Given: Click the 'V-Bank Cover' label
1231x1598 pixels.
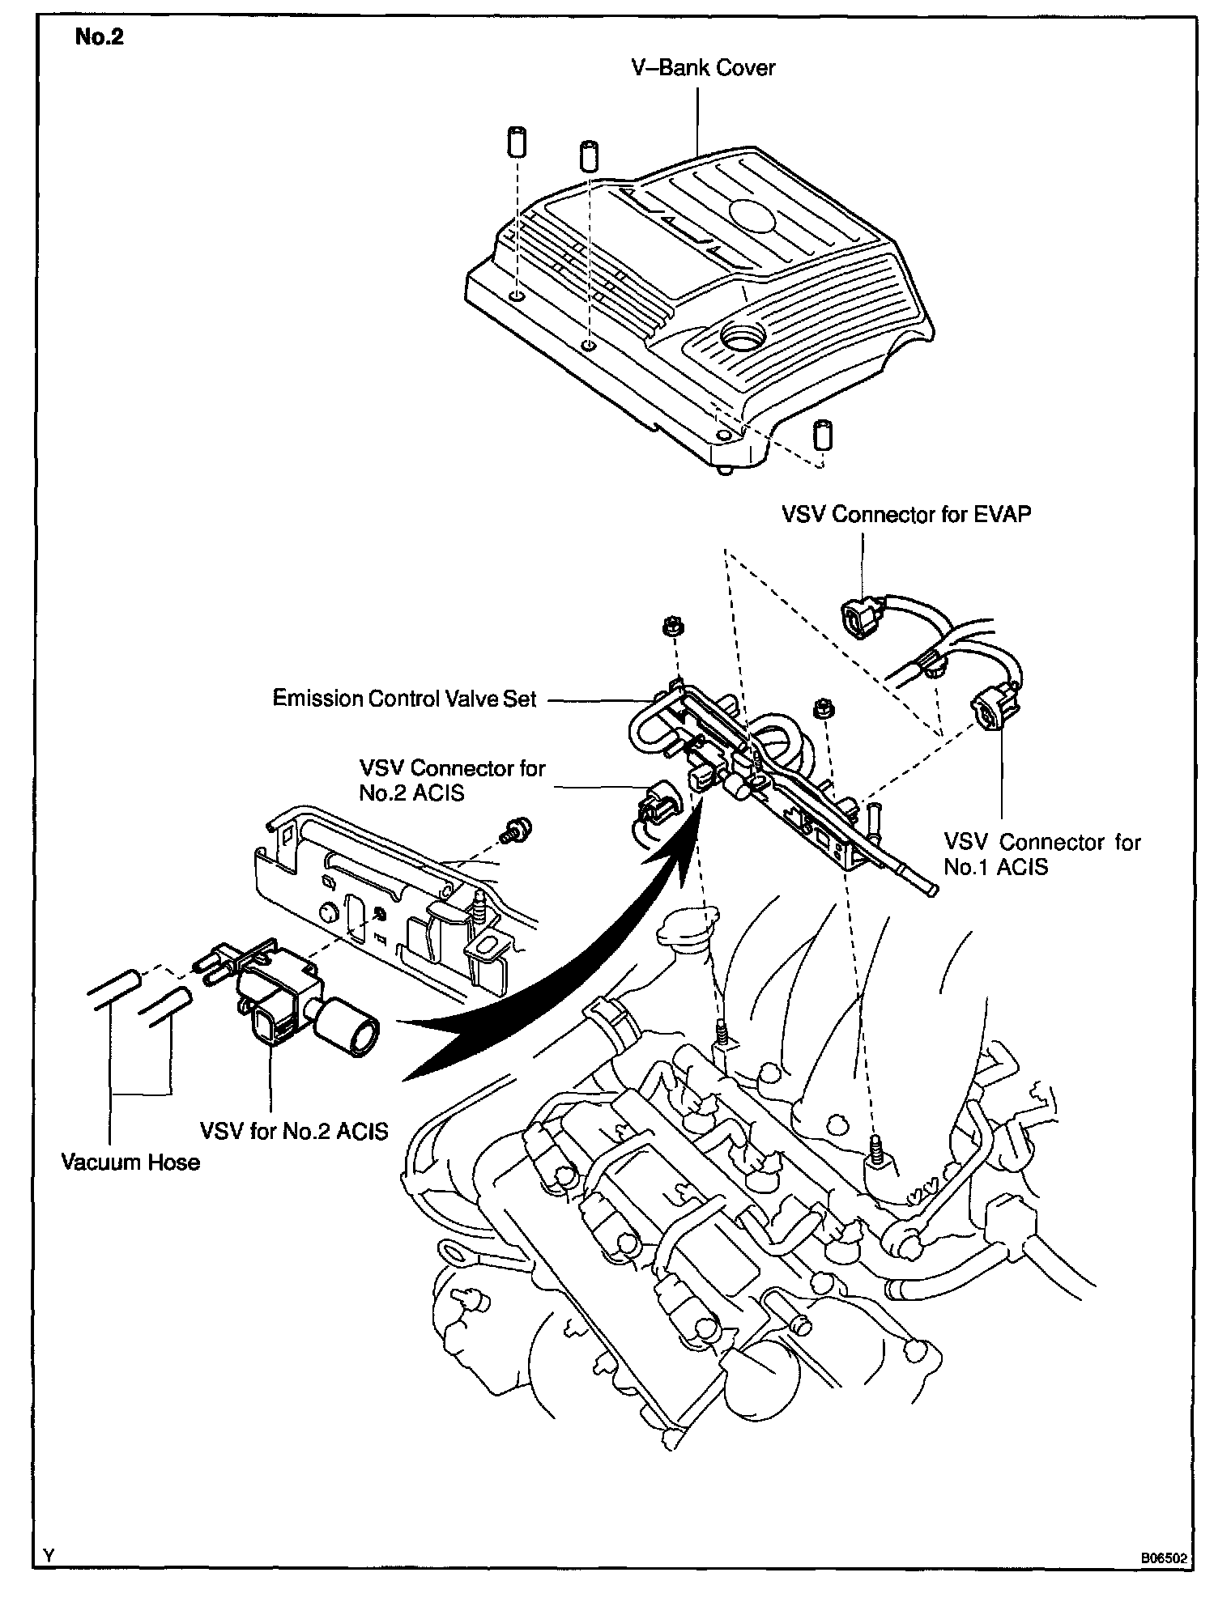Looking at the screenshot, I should pyautogui.click(x=702, y=67).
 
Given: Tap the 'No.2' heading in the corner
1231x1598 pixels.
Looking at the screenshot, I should pyautogui.click(x=99, y=37).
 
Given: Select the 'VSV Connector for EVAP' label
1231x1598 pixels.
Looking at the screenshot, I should pyautogui.click(x=906, y=514).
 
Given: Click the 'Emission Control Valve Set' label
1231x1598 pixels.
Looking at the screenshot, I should pyautogui.click(x=404, y=699).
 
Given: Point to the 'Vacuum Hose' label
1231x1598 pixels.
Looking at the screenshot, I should pyautogui.click(x=130, y=1163).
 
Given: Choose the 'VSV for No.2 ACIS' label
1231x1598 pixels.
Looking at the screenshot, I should pyautogui.click(x=295, y=1129).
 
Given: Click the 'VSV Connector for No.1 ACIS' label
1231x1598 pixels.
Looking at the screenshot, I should pyautogui.click(x=1041, y=854).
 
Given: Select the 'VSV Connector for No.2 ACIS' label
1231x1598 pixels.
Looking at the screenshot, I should pyautogui.click(x=452, y=780).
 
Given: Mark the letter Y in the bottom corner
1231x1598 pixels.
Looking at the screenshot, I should pyautogui.click(x=49, y=1556).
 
